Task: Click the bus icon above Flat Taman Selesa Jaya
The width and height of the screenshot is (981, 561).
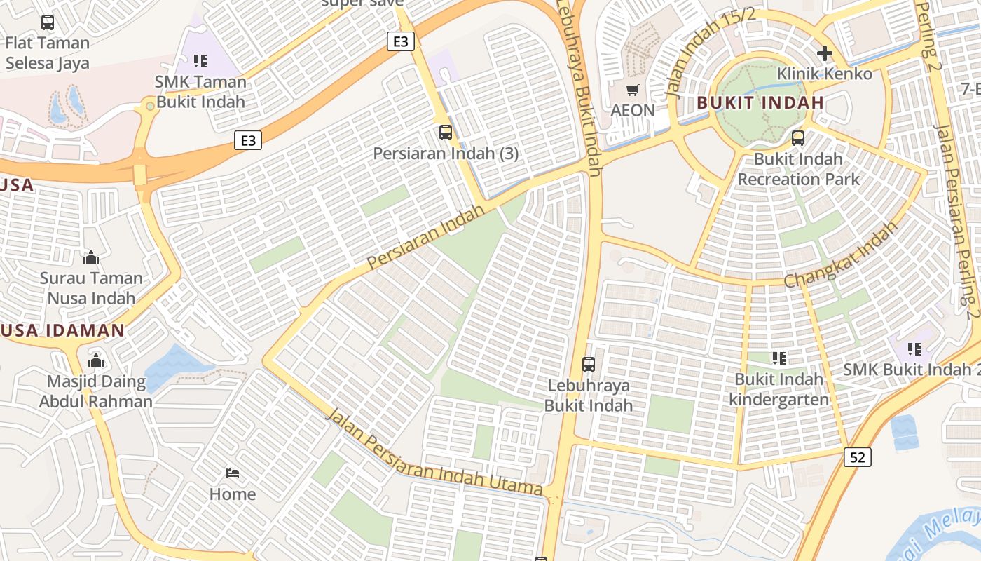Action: click(x=48, y=22)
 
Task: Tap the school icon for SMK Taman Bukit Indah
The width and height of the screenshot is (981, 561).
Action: click(x=200, y=61)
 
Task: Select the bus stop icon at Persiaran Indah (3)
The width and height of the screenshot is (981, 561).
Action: click(x=446, y=132)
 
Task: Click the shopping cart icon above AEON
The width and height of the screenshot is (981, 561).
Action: click(x=633, y=90)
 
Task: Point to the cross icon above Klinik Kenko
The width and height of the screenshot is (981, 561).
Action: click(x=824, y=53)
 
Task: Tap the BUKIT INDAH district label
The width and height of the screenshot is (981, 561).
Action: click(x=760, y=103)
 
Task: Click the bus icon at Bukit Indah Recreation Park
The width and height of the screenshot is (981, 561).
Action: click(x=797, y=138)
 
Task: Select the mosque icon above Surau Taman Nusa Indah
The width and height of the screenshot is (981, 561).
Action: click(x=91, y=257)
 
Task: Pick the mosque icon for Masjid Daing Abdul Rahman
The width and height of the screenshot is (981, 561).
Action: click(x=96, y=361)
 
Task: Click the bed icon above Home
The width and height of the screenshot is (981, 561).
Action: click(x=233, y=474)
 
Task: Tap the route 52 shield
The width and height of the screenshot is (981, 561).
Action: click(x=858, y=457)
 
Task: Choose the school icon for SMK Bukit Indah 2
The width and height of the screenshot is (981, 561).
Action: click(x=914, y=349)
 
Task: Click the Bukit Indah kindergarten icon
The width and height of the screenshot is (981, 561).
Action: click(x=778, y=358)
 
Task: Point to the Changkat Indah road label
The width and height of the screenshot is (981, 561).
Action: click(x=841, y=255)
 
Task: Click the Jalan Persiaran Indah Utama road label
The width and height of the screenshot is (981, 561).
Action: click(x=434, y=453)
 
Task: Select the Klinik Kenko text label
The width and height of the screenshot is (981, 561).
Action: click(x=825, y=74)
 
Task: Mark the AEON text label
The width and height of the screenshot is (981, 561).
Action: click(x=633, y=110)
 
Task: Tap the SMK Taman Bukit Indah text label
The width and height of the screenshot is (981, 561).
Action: click(x=200, y=91)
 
